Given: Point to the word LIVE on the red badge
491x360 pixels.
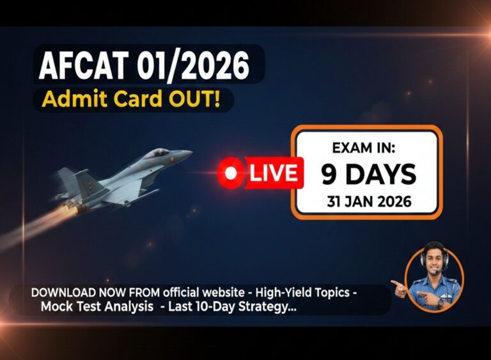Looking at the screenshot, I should tap(273, 173).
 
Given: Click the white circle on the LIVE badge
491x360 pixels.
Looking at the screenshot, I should tap(231, 173).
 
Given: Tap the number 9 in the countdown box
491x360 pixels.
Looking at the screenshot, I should tap(329, 174).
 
